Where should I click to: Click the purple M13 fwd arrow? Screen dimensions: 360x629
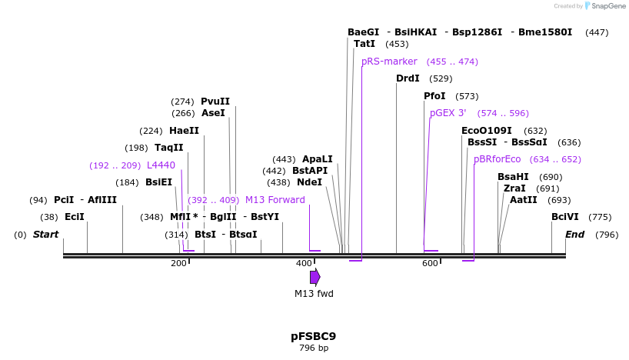314,277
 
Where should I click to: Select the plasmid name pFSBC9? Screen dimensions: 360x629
313,336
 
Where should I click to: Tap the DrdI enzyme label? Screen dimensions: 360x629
408,78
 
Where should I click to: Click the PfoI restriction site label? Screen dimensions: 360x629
434,96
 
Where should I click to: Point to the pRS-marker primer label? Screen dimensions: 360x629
389,62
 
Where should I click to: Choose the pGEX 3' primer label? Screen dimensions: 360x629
448,113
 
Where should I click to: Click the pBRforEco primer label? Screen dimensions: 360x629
497,159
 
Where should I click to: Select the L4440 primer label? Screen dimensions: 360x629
161,165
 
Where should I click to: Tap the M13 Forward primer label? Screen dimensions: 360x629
275,200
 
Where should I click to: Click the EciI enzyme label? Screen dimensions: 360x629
75,217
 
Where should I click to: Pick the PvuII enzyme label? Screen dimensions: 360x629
215,102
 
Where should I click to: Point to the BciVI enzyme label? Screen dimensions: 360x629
565,217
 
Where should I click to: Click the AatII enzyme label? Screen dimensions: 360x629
524,200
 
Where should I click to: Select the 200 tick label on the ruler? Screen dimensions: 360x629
178,264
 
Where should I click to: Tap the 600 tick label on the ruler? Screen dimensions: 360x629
430,264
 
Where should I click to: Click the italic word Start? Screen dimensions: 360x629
45,235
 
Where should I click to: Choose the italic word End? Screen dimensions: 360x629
574,235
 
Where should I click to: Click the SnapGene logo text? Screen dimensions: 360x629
607,6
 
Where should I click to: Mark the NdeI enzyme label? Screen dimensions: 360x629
309,182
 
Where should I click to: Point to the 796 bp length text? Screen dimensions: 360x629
313,348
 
